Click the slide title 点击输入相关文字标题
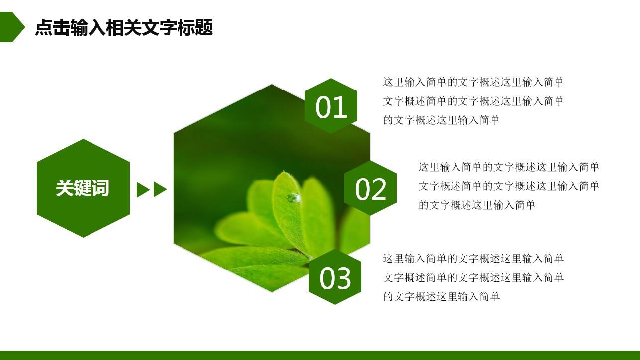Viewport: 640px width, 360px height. (x=124, y=28)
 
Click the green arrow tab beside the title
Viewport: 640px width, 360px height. (x=11, y=27)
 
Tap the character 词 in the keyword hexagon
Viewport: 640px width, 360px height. (x=100, y=188)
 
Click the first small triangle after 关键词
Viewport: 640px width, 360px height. (x=142, y=189)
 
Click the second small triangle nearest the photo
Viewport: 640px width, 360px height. (x=159, y=189)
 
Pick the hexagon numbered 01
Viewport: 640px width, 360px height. (x=331, y=106)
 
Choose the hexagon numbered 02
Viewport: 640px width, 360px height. (x=370, y=188)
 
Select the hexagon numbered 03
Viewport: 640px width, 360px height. (x=335, y=277)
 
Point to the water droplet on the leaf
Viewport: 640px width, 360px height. (x=293, y=198)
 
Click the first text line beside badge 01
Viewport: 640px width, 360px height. (x=473, y=82)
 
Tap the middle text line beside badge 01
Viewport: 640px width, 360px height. (x=473, y=101)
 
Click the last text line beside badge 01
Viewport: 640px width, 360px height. (x=441, y=120)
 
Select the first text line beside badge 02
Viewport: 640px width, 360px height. (x=509, y=167)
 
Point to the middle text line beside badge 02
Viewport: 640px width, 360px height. (x=509, y=186)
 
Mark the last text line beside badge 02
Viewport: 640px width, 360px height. (x=476, y=205)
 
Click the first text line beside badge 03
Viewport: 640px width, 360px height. (x=473, y=259)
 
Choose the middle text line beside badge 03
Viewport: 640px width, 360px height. (x=473, y=278)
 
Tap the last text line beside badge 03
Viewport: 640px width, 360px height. (x=441, y=297)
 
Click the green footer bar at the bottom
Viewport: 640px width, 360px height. (x=320, y=355)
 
